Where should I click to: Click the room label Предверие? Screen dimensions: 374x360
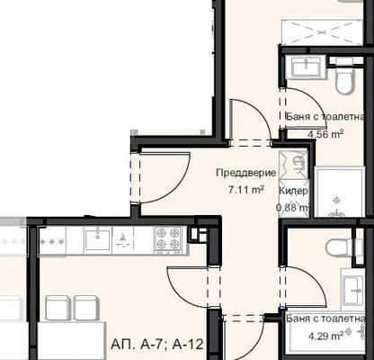tap(246, 173)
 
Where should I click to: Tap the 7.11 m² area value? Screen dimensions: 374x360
tap(246, 190)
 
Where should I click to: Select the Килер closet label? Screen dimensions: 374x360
tap(293, 191)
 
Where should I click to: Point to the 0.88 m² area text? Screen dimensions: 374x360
tap(293, 207)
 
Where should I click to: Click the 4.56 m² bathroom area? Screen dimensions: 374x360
tap(325, 133)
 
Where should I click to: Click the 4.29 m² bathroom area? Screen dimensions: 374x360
tap(326, 336)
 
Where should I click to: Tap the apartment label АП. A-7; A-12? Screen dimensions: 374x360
tap(157, 344)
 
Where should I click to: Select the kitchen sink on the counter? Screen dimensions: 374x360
tap(98, 240)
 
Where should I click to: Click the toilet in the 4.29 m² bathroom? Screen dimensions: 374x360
tap(340, 247)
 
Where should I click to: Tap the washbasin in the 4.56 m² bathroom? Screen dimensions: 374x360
tap(307, 67)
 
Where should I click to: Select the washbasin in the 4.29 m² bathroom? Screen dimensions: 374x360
tap(353, 290)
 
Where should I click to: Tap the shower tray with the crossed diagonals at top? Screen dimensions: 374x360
tap(322, 32)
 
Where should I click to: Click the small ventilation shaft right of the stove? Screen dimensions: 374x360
tap(199, 234)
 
